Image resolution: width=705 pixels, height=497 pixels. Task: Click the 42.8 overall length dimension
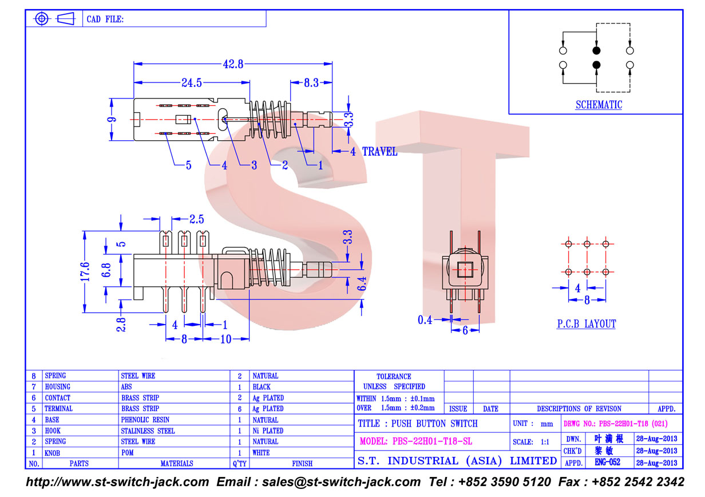233,64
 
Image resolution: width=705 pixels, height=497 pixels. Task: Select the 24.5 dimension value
192,83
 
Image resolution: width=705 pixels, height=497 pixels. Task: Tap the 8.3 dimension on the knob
311,83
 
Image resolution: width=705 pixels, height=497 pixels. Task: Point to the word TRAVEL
379,152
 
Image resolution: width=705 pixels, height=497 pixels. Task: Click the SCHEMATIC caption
599,105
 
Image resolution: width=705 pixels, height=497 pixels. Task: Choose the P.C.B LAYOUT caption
587,324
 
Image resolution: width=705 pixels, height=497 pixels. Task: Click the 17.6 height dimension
85,271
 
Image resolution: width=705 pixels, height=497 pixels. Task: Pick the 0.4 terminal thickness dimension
425,319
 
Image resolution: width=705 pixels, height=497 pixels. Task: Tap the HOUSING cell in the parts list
58,386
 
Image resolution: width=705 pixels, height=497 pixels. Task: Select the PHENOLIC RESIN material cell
145,420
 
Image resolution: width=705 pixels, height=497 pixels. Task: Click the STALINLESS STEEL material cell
148,431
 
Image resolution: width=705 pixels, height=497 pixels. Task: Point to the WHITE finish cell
261,452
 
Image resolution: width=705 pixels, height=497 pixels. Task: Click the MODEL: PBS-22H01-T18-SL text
416,441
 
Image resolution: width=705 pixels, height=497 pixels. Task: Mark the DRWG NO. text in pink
615,423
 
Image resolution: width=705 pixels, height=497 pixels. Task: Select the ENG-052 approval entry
607,462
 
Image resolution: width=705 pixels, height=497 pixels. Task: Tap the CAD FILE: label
105,19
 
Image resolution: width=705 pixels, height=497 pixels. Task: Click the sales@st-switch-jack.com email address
341,482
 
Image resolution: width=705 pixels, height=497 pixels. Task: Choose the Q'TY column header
240,464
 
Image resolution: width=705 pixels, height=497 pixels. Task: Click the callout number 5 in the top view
188,165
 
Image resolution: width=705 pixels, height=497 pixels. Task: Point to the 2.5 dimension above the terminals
196,219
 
